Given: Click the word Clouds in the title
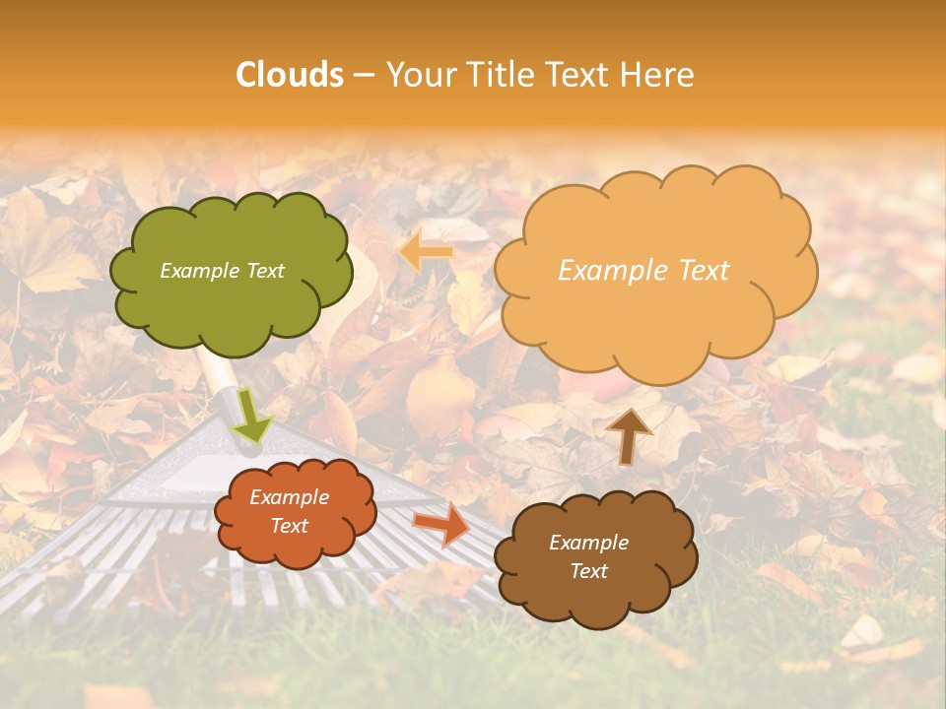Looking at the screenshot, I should [290, 75].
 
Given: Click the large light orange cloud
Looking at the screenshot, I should [654, 268].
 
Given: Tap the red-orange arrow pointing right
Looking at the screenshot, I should [441, 524].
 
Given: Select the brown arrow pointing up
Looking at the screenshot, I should [628, 434].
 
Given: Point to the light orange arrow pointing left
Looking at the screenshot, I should [427, 252].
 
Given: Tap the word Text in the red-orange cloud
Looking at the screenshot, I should [290, 527].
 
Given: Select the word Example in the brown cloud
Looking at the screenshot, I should [588, 543].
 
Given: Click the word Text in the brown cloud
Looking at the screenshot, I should [588, 571].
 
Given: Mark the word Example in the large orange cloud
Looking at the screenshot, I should [610, 271].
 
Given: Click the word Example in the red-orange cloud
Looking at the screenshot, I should [290, 497].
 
